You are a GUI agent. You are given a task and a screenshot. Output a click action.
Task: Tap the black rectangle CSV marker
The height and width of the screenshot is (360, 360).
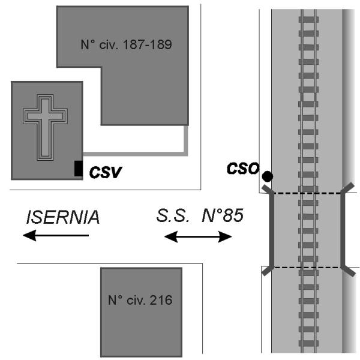[x=78, y=169]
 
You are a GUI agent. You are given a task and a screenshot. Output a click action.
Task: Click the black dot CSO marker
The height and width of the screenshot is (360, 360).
[x=267, y=176]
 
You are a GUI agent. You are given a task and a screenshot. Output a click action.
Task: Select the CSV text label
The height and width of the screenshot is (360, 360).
[x=106, y=173]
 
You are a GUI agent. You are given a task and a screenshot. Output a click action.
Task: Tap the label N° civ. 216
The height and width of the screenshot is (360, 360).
[x=140, y=301]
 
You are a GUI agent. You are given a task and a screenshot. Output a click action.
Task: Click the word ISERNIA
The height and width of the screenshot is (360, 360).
[x=62, y=217]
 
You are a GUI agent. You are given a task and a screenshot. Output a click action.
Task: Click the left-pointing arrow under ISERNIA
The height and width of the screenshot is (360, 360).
[x=56, y=236]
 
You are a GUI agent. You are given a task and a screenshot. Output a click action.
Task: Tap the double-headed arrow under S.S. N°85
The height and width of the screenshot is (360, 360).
[x=198, y=237]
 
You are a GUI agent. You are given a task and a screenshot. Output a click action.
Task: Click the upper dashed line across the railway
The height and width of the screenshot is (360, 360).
[x=306, y=193]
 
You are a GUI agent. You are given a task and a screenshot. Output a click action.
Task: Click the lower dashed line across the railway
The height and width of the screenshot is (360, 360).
[x=306, y=266]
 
